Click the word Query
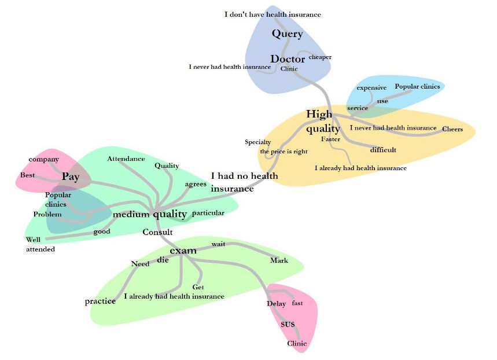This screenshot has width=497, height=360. click(287, 34)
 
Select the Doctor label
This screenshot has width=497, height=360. click(288, 59)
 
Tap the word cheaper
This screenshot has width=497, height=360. click(320, 57)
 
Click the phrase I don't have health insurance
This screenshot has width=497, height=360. click(273, 14)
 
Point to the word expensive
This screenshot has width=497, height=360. click(371, 87)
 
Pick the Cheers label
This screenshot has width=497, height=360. click(452, 129)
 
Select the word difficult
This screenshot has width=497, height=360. click(383, 150)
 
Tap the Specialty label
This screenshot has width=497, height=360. click(257, 142)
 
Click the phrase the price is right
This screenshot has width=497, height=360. click(284, 151)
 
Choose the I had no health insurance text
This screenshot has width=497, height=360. click(244, 182)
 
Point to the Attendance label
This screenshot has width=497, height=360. click(126, 158)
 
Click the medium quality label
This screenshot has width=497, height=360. click(150, 214)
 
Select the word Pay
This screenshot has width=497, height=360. click(70, 177)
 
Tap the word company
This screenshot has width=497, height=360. click(44, 159)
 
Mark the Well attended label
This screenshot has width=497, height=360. click(40, 244)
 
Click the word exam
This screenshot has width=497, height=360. click(183, 250)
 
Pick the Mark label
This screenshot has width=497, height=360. click(279, 260)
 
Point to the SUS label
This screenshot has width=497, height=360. click(288, 324)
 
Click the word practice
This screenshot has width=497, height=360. click(100, 301)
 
